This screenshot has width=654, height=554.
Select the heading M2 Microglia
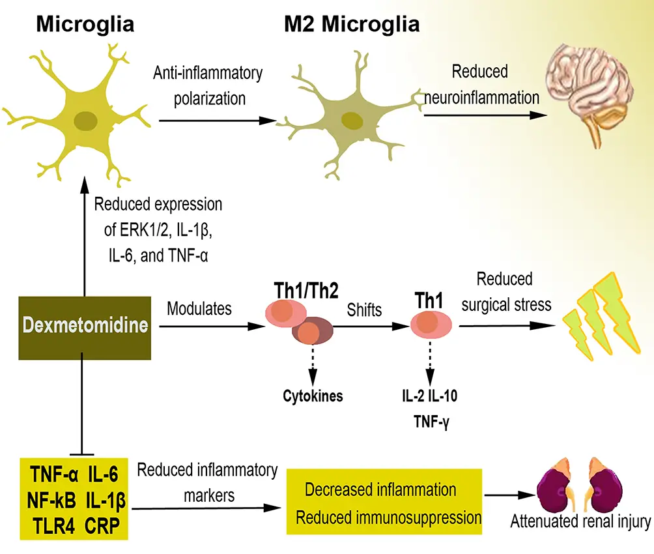pyautogui.click(x=351, y=25)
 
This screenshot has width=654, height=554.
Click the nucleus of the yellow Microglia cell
pyautogui.click(x=84, y=120)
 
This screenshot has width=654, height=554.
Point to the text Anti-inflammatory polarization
pyautogui.click(x=208, y=85)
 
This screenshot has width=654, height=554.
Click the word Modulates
pyautogui.click(x=199, y=309)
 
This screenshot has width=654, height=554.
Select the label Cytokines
pyautogui.click(x=313, y=395)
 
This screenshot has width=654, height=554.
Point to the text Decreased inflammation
pyautogui.click(x=380, y=489)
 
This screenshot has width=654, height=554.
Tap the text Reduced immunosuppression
pyautogui.click(x=388, y=518)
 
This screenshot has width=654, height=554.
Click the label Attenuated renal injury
pyautogui.click(x=580, y=521)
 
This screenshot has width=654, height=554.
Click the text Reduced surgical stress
pyautogui.click(x=504, y=291)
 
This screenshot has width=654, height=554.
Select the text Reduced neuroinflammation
pyautogui.click(x=481, y=85)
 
